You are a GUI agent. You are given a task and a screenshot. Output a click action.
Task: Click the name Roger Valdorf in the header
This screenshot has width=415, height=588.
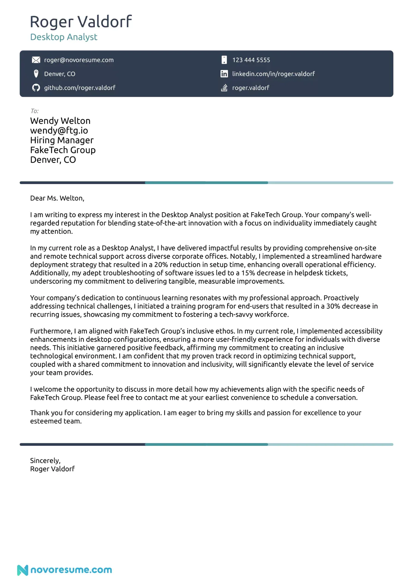81,22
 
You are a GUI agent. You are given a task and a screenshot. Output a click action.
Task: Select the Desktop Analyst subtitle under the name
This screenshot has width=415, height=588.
64,37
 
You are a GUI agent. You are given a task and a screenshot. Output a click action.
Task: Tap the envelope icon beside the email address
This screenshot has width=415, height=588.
36,60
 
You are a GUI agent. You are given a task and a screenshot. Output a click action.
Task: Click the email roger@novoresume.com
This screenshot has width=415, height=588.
79,60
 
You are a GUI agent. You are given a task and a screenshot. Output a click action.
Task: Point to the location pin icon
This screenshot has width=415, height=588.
36,74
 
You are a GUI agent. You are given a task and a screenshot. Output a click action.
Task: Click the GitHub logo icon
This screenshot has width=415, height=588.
36,88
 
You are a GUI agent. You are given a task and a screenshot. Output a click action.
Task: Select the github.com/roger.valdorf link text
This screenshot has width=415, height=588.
80,88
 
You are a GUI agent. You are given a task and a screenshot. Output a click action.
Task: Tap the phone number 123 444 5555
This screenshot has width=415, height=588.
251,60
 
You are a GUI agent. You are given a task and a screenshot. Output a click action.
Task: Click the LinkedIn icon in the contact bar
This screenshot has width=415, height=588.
224,74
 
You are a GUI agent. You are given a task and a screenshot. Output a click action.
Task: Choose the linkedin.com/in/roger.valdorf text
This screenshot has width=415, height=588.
273,74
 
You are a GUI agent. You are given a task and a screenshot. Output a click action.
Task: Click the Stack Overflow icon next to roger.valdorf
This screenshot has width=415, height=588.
224,88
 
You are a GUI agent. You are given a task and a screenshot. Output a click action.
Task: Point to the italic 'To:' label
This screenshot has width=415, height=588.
34,111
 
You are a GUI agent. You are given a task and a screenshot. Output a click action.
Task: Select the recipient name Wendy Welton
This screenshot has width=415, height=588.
60,121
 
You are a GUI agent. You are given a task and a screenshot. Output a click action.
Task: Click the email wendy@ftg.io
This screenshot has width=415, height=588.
59,131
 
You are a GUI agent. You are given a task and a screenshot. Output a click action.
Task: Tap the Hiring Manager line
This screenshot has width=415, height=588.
62,140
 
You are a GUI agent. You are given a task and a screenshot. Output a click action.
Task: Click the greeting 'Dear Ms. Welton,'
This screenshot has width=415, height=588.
57,198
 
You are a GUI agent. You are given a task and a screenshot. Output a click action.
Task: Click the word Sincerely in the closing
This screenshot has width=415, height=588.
45,461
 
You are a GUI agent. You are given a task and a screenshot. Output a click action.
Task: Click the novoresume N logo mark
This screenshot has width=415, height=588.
23,570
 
